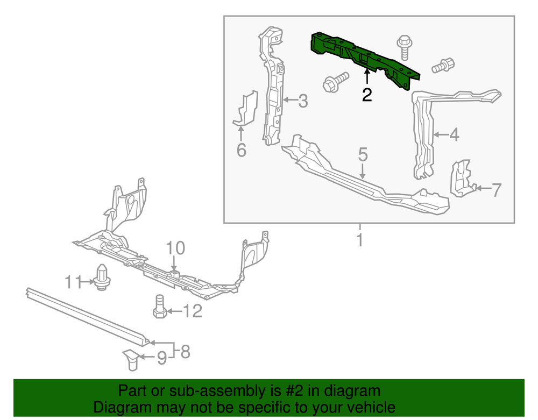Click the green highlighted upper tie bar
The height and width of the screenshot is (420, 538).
pyautogui.click(x=360, y=55)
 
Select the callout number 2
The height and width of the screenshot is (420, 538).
pyautogui.click(x=367, y=95)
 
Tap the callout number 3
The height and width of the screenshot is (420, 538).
pyautogui.click(x=303, y=101)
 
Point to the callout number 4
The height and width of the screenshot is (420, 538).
pyautogui.click(x=454, y=134)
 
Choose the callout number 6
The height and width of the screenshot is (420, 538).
pyautogui.click(x=241, y=151)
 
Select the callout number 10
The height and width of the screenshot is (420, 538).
pyautogui.click(x=175, y=248)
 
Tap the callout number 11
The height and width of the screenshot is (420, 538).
pyautogui.click(x=72, y=281)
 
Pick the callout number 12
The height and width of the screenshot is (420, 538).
pyautogui.click(x=192, y=311)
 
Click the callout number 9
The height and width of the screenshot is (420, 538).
pyautogui.click(x=161, y=358)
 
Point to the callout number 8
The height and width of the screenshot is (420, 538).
pyautogui.click(x=185, y=352)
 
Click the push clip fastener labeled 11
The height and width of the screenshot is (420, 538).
pyautogui.click(x=101, y=277)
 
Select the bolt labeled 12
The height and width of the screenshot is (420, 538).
pyautogui.click(x=159, y=307)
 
